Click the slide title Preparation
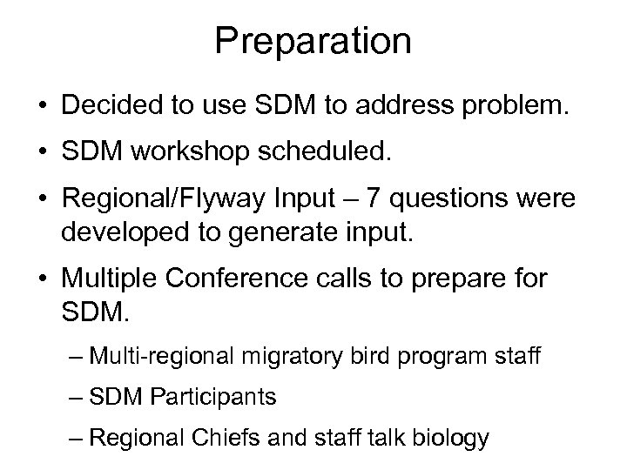(313, 42)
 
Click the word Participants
(213, 398)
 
